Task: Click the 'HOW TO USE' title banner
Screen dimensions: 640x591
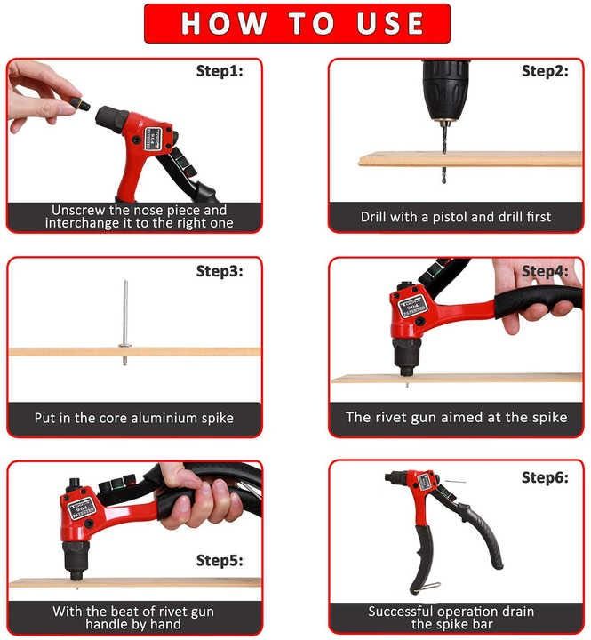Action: (297, 23)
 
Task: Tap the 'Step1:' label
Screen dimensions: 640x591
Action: (219, 71)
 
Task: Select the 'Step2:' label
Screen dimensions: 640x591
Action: (544, 71)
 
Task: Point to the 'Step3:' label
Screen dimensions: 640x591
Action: (219, 271)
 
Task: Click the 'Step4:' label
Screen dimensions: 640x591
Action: (544, 271)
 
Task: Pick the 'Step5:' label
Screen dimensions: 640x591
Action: (219, 560)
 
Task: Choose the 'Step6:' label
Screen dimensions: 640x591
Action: (544, 477)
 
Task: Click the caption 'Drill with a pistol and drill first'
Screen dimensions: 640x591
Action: (456, 217)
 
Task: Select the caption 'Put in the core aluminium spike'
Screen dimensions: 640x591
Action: (134, 417)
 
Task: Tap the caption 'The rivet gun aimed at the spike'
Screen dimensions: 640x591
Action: (456, 417)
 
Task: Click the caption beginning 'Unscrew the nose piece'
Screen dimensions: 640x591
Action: (139, 217)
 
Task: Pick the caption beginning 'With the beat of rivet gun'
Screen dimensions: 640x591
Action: (133, 618)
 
